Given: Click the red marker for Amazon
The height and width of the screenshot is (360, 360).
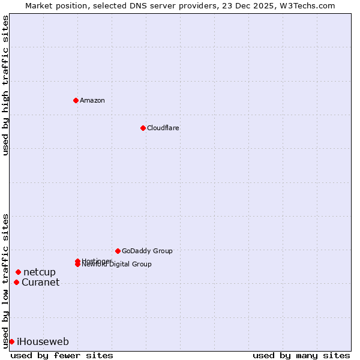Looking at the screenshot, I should pyautogui.click(x=76, y=100).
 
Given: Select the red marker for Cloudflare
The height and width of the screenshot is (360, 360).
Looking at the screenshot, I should pyautogui.click(x=143, y=128).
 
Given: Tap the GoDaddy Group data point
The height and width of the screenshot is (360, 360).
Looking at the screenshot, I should pyautogui.click(x=118, y=251).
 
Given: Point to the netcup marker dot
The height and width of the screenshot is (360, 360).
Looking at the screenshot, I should pyautogui.click(x=18, y=272).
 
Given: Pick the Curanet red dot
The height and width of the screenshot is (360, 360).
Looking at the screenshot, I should pyautogui.click(x=16, y=283).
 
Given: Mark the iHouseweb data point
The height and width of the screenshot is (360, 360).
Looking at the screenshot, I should pyautogui.click(x=11, y=341).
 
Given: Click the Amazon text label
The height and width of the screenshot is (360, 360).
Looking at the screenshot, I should pyautogui.click(x=92, y=100).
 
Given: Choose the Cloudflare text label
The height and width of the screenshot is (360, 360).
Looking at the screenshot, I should pyautogui.click(x=163, y=128).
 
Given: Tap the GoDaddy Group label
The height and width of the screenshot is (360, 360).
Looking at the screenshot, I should pyautogui.click(x=147, y=251).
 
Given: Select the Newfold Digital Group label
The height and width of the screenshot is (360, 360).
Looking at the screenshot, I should pyautogui.click(x=118, y=265).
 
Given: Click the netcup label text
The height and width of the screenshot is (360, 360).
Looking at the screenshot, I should pyautogui.click(x=40, y=272).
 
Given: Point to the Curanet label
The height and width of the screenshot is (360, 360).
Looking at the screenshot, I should pyautogui.click(x=41, y=283).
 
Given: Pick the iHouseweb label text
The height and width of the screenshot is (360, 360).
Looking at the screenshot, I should pyautogui.click(x=43, y=342).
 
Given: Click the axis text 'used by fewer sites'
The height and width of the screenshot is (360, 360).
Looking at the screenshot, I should pyautogui.click(x=62, y=355).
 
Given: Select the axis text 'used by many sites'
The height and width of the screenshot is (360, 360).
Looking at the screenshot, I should pyautogui.click(x=301, y=355).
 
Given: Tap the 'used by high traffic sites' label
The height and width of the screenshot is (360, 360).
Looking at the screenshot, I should pyautogui.click(x=5, y=86).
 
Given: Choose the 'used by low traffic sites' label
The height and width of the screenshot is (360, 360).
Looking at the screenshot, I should pyautogui.click(x=5, y=280).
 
